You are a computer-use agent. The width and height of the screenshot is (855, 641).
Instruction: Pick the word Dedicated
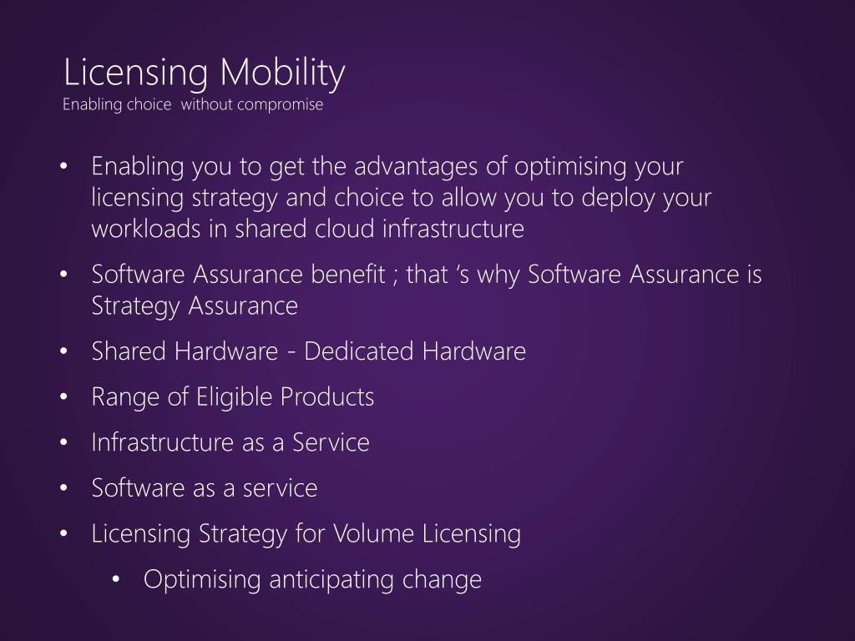click(360, 351)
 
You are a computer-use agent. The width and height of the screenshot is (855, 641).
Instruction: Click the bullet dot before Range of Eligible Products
click(66, 398)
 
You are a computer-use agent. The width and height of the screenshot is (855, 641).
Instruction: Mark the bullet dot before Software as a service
click(66, 489)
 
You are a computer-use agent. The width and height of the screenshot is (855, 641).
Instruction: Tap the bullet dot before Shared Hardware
click(66, 352)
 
